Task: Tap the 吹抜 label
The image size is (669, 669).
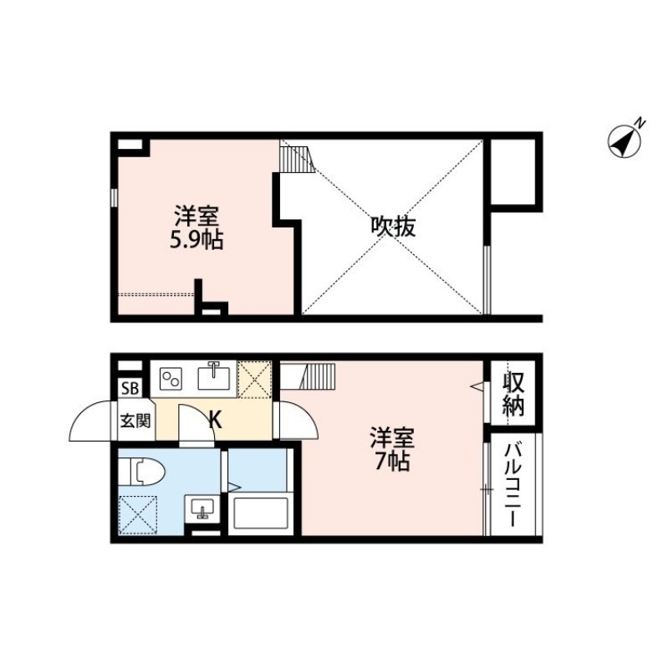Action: point(392,227)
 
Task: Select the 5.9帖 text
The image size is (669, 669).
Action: point(197,241)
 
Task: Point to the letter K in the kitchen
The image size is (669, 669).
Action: point(215,420)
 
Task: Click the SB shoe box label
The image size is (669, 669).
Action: point(130,388)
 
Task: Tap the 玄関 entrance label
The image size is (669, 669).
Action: point(133,420)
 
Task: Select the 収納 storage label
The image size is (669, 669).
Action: point(513,395)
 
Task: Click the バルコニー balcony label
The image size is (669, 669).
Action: point(513,483)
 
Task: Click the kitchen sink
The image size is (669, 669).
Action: point(216,377)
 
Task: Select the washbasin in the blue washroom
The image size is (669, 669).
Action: point(202,507)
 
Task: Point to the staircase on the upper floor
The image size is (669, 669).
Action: point(294,157)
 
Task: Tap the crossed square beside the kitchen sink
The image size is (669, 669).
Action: point(254,378)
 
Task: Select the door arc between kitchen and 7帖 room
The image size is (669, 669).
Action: point(295,421)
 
